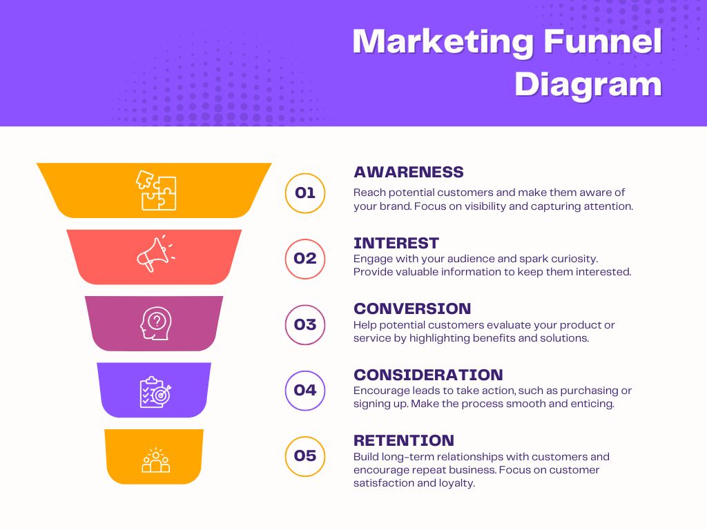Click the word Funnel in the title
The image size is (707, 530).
pyautogui.click(x=603, y=43)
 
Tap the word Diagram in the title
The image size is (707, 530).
pyautogui.click(x=588, y=85)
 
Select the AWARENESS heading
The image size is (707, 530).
pyautogui.click(x=409, y=172)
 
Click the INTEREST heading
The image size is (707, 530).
pyautogui.click(x=396, y=243)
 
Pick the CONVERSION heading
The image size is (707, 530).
pyautogui.click(x=412, y=308)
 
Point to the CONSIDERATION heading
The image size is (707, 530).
pyautogui.click(x=428, y=375)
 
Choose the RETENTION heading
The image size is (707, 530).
pyautogui.click(x=404, y=440)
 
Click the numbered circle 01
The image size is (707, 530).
pyautogui.click(x=305, y=193)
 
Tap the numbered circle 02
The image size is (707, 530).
pyautogui.click(x=305, y=259)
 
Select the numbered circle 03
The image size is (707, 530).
pyautogui.click(x=305, y=324)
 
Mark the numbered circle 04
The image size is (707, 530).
pyautogui.click(x=305, y=390)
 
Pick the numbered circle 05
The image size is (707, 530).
pyautogui.click(x=305, y=456)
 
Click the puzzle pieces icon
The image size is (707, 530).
pyautogui.click(x=156, y=190)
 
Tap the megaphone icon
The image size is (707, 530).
pyautogui.click(x=155, y=254)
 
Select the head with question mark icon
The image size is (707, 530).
pyautogui.click(x=155, y=322)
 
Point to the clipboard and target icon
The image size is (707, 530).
pyautogui.click(x=155, y=391)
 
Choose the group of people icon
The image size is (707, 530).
pyautogui.click(x=155, y=460)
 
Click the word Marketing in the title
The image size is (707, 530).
pyautogui.click(x=443, y=43)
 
